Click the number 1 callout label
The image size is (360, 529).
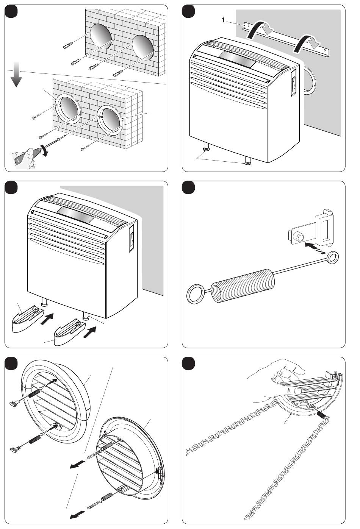[223, 20]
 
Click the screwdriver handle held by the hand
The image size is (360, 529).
[22, 156]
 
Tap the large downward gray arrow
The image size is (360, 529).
[16, 74]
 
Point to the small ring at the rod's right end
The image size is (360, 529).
[333, 257]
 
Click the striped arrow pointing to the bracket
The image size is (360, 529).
[315, 248]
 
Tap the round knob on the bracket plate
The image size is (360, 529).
[299, 236]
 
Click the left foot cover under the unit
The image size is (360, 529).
[27, 319]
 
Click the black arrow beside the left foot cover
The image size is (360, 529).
[47, 318]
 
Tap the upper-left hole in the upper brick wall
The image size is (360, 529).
[101, 37]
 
